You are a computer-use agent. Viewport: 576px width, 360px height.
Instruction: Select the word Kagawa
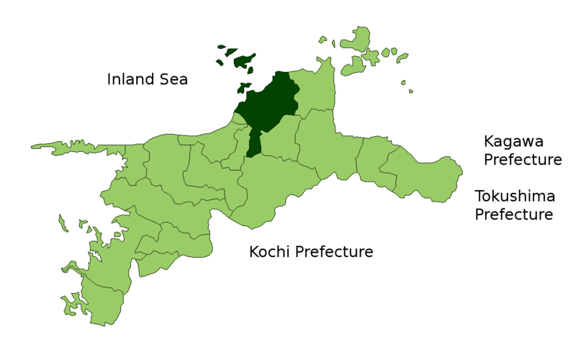pos(513,141)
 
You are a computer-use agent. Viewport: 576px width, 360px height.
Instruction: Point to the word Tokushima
pos(514,196)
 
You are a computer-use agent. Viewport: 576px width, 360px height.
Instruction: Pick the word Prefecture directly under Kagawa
pos(522,160)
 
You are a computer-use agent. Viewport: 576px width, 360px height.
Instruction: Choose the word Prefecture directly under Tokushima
pos(513,215)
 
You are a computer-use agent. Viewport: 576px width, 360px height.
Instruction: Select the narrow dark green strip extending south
pos(253,144)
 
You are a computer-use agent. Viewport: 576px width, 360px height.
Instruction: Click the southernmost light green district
pos(101,302)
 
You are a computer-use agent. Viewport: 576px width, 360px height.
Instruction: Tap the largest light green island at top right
pos(356,40)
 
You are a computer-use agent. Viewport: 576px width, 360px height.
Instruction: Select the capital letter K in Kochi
pos(254,252)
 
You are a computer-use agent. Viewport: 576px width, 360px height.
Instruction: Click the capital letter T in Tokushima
pos(479,196)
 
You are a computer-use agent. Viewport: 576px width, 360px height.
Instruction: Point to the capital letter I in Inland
pos(109,79)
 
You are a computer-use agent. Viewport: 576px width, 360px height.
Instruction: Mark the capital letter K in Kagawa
pos(489,141)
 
